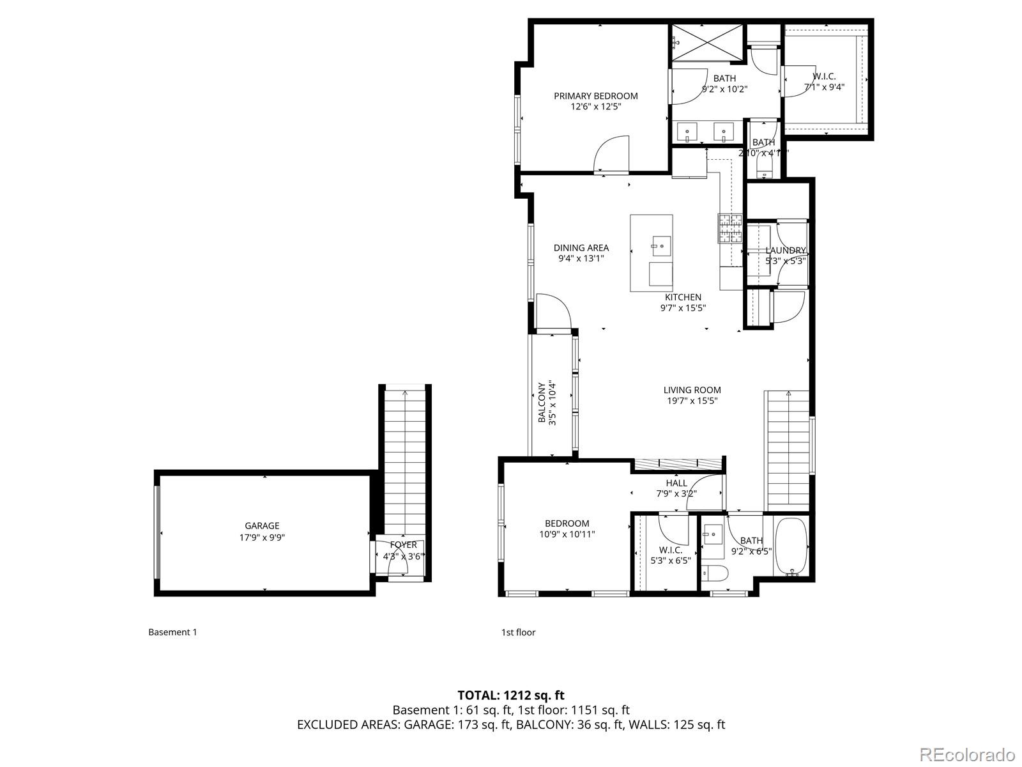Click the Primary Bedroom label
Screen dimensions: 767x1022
[x=595, y=96]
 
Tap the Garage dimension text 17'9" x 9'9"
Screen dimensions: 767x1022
[x=262, y=538]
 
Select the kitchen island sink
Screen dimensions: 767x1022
[x=661, y=244]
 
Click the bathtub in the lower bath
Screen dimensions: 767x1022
[x=791, y=546]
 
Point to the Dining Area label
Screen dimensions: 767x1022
[x=581, y=247]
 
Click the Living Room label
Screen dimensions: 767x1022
[x=692, y=390]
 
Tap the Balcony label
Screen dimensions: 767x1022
[x=542, y=403]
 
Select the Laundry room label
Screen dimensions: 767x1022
[x=786, y=251]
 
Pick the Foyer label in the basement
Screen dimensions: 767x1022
[x=403, y=545]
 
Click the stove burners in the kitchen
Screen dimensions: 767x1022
[x=729, y=228]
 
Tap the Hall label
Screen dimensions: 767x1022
[x=676, y=483]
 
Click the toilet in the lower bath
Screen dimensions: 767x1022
[x=712, y=573]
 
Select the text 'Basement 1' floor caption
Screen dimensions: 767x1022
[x=172, y=632]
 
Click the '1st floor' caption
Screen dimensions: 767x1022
[x=518, y=632]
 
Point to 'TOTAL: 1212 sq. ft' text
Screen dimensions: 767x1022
[x=511, y=695]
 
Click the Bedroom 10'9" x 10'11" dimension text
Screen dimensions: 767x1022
[x=567, y=534]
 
